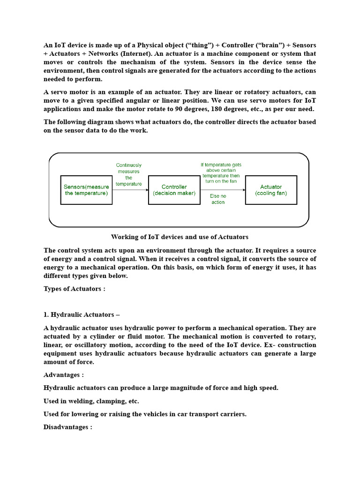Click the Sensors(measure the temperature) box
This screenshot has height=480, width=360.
[86, 190]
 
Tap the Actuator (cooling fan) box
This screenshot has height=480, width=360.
[271, 190]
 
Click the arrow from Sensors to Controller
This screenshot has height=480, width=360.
[130, 190]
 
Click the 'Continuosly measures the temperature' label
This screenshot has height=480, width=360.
[129, 174]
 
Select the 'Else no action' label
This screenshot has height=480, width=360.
[218, 199]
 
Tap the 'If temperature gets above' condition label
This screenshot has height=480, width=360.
[221, 173]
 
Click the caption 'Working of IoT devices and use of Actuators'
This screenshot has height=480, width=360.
[180, 237]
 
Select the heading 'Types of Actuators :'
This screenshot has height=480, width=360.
[75, 289]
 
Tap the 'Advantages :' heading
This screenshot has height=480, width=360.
[64, 375]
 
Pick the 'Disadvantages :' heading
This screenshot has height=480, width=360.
[68, 427]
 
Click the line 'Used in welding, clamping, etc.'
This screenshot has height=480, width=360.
[91, 401]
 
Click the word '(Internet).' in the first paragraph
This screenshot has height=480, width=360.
[137, 54]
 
